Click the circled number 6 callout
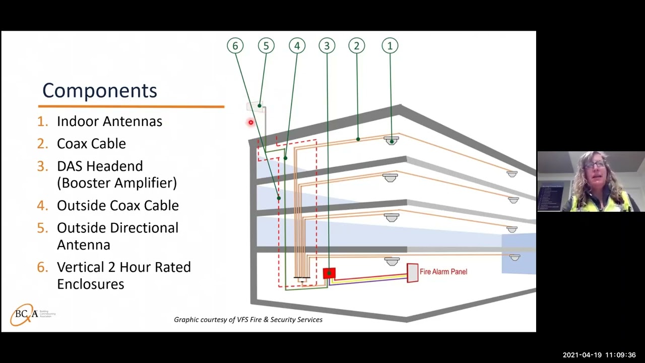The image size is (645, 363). tap(235, 46)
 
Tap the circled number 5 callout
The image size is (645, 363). tap(266, 46)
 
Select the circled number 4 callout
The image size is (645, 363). tap(297, 46)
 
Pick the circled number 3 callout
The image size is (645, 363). tap(327, 46)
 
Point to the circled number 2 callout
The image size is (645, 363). tap(357, 46)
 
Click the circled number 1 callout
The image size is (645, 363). tap(390, 46)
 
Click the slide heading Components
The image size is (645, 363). tap(100, 91)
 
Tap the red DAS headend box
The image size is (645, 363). tap(329, 274)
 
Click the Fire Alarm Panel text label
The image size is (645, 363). tap(443, 272)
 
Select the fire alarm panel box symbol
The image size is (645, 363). tap(413, 273)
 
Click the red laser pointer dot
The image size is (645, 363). tap(250, 123)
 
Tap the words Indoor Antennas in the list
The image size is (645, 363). tap(109, 122)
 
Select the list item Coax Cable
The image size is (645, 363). tap(91, 144)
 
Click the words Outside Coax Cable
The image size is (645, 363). tap(117, 206)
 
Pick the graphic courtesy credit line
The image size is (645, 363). tap(248, 320)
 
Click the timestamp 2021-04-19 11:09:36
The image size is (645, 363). tap(599, 355)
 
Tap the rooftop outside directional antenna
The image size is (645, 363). tap(255, 106)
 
